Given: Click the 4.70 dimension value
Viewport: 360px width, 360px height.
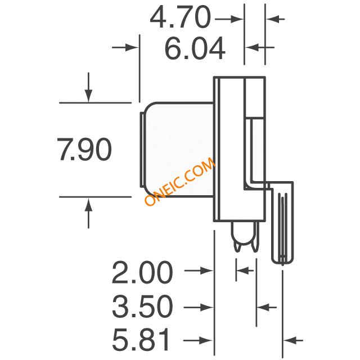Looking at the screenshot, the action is (180, 17).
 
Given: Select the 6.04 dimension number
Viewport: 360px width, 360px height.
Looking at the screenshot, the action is (195, 48).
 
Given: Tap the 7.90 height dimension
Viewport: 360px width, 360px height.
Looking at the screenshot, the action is (84, 149).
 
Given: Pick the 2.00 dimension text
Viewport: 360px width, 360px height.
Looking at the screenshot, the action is (142, 272).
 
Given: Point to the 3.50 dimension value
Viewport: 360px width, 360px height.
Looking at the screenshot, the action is (142, 306).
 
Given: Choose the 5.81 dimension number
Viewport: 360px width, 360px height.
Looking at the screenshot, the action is (141, 340).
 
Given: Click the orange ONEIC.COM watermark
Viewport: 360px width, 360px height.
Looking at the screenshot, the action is (180, 181).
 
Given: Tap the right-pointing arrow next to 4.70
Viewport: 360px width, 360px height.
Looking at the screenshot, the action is (229, 19).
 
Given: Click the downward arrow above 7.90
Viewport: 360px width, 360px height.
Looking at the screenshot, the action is (88, 88).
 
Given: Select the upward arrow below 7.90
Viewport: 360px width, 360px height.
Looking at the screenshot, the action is (88, 213).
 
